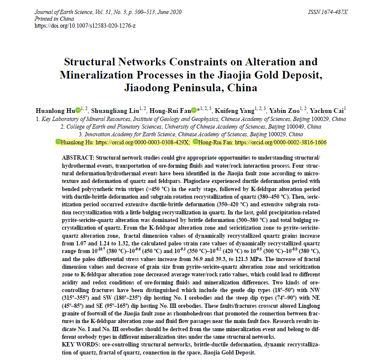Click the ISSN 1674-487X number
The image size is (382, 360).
point(328,11)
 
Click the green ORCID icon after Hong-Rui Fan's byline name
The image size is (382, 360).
point(194,110)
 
